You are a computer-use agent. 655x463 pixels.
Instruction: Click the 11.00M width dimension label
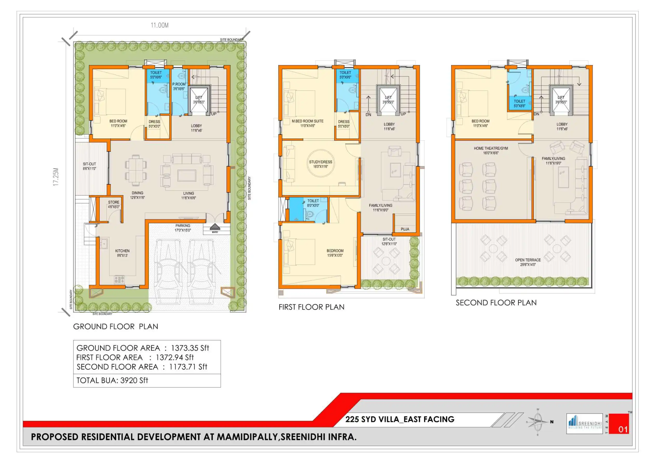click(160, 25)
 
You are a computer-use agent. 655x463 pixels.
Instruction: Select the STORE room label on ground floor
click(114, 202)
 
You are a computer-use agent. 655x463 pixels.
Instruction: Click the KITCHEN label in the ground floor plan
click(122, 251)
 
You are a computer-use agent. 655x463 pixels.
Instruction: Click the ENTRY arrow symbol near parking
click(215, 227)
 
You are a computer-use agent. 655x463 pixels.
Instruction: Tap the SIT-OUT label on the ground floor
click(89, 164)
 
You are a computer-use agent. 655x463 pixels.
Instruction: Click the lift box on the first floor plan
click(388, 100)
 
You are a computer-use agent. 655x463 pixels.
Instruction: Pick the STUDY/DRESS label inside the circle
click(321, 162)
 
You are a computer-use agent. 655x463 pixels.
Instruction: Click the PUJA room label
click(405, 229)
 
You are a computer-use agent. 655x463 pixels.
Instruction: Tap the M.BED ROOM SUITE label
click(308, 121)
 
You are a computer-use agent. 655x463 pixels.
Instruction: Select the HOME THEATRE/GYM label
click(491, 148)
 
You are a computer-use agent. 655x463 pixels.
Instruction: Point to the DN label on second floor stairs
click(536, 114)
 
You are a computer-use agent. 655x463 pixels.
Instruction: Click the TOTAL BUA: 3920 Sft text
click(112, 380)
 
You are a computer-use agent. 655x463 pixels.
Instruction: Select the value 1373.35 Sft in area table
click(190, 348)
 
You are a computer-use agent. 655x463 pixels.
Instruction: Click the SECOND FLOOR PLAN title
click(496, 303)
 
